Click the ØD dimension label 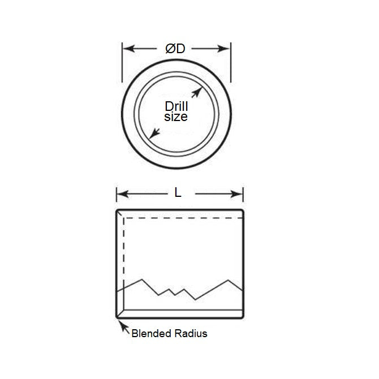(175, 49)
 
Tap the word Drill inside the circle (176, 106)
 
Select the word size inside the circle (175, 117)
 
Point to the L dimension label (178, 193)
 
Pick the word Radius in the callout (191, 333)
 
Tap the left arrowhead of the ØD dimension (127, 49)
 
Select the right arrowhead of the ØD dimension (226, 49)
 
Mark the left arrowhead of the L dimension (120, 194)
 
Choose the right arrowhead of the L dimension (239, 194)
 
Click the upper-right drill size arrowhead (198, 91)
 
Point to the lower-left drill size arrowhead (152, 135)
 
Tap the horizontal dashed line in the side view (184, 217)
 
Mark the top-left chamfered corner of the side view (119, 212)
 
